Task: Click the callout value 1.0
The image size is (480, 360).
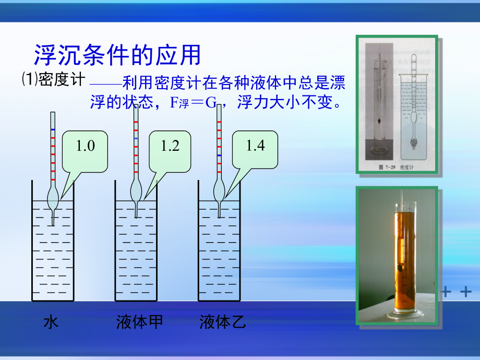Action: tap(86, 146)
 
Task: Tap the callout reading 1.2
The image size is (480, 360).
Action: tap(170, 146)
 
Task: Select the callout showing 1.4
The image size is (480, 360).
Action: tap(255, 145)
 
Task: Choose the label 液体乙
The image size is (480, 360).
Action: tap(222, 322)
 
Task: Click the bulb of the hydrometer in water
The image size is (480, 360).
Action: tap(53, 198)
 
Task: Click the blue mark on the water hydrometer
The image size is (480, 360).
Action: tap(52, 128)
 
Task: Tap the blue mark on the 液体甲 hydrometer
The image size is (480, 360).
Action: tap(136, 138)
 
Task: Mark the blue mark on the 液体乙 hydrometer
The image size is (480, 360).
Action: tap(219, 155)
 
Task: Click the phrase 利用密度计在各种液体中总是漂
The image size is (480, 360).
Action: tap(233, 83)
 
